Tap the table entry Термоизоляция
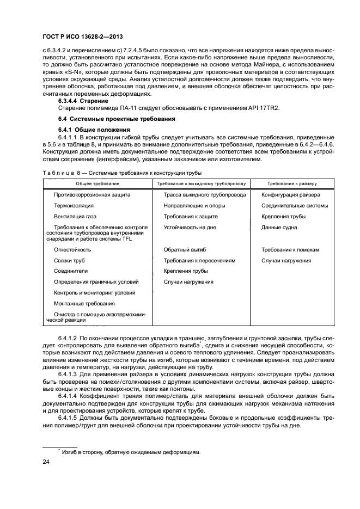tap(74, 206)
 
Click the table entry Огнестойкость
tap(72, 250)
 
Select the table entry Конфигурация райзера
tap(290, 195)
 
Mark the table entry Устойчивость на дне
tap(190, 228)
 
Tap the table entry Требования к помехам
tap(290, 250)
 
